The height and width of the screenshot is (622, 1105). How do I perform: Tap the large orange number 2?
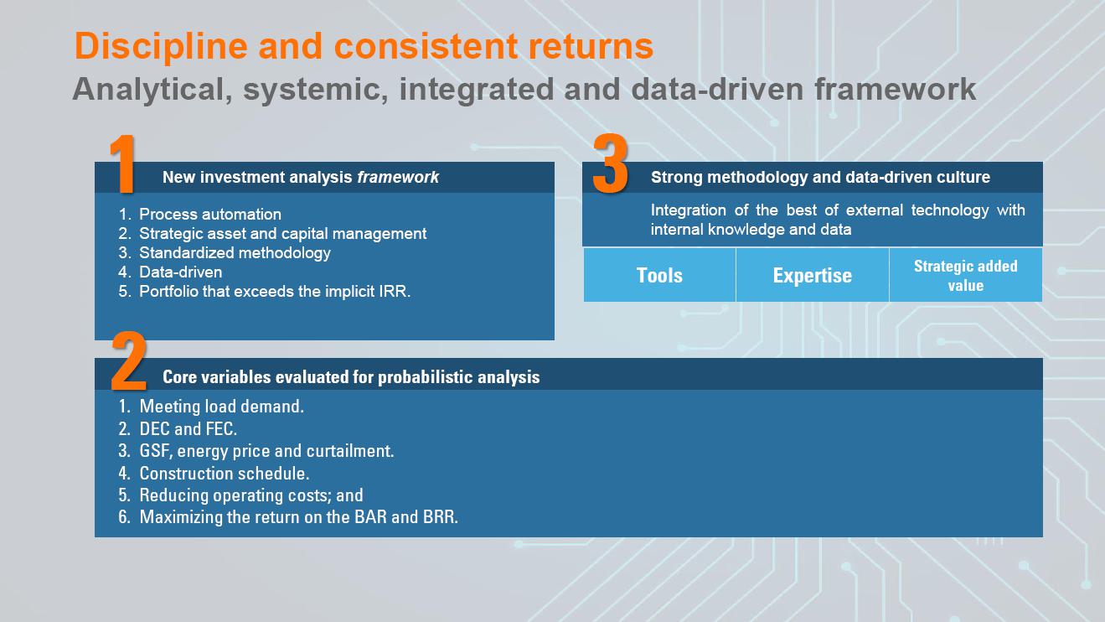coord(129,362)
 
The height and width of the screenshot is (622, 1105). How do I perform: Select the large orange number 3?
coord(610,164)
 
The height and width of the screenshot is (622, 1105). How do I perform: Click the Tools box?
coord(659,275)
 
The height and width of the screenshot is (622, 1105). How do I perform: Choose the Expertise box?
coord(812,275)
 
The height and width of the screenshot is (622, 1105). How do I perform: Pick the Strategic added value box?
coord(965,275)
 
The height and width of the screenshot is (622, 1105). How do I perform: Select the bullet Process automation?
coord(209,215)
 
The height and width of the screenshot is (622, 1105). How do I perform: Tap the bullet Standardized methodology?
coord(235,253)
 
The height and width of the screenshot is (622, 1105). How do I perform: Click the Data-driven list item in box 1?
coord(180,272)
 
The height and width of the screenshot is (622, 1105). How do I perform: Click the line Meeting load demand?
coord(221,407)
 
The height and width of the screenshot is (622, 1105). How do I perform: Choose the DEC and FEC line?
coord(188,429)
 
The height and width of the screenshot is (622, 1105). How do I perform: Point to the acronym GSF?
coord(156,451)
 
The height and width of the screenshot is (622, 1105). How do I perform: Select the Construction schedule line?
coord(224,474)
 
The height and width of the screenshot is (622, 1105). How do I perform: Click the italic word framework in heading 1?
coord(398,177)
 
